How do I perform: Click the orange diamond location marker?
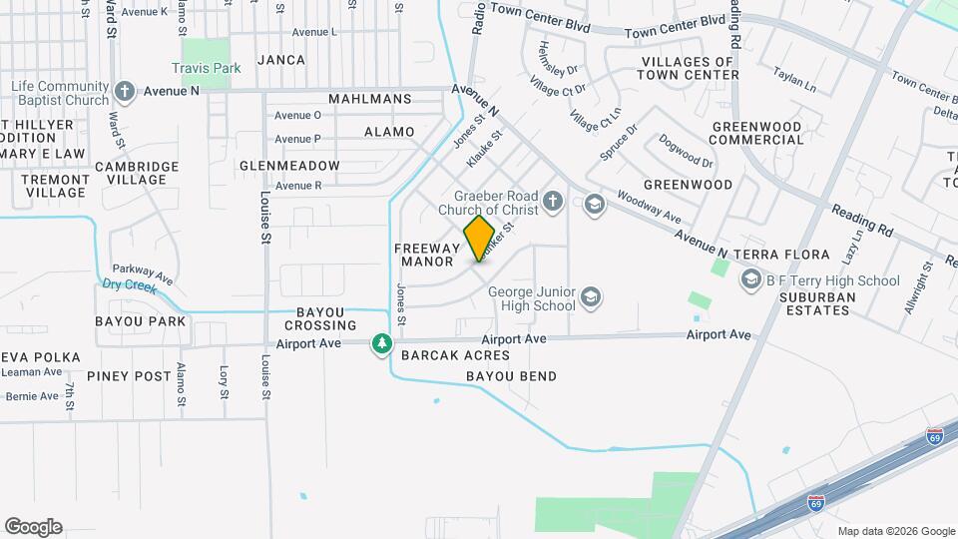480,239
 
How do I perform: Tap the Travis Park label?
207,69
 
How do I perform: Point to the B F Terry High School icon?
751,281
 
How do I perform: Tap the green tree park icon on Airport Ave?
381,344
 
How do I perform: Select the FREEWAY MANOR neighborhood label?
426,255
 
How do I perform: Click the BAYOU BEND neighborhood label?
512,376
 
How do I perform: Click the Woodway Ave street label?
649,208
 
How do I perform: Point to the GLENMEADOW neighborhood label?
289,166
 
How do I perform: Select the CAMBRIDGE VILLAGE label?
137,173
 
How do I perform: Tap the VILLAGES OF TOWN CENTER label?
689,68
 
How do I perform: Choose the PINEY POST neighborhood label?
129,376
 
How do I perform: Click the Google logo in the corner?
33,527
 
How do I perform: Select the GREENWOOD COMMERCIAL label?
757,134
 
